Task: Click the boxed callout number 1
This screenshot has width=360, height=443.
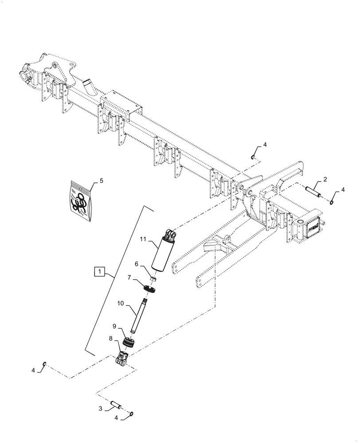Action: click(x=100, y=271)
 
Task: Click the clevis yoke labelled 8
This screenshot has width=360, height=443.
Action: click(x=123, y=359)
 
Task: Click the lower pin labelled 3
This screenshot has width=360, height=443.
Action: click(x=116, y=405)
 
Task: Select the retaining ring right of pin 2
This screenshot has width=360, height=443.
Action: click(x=332, y=202)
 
